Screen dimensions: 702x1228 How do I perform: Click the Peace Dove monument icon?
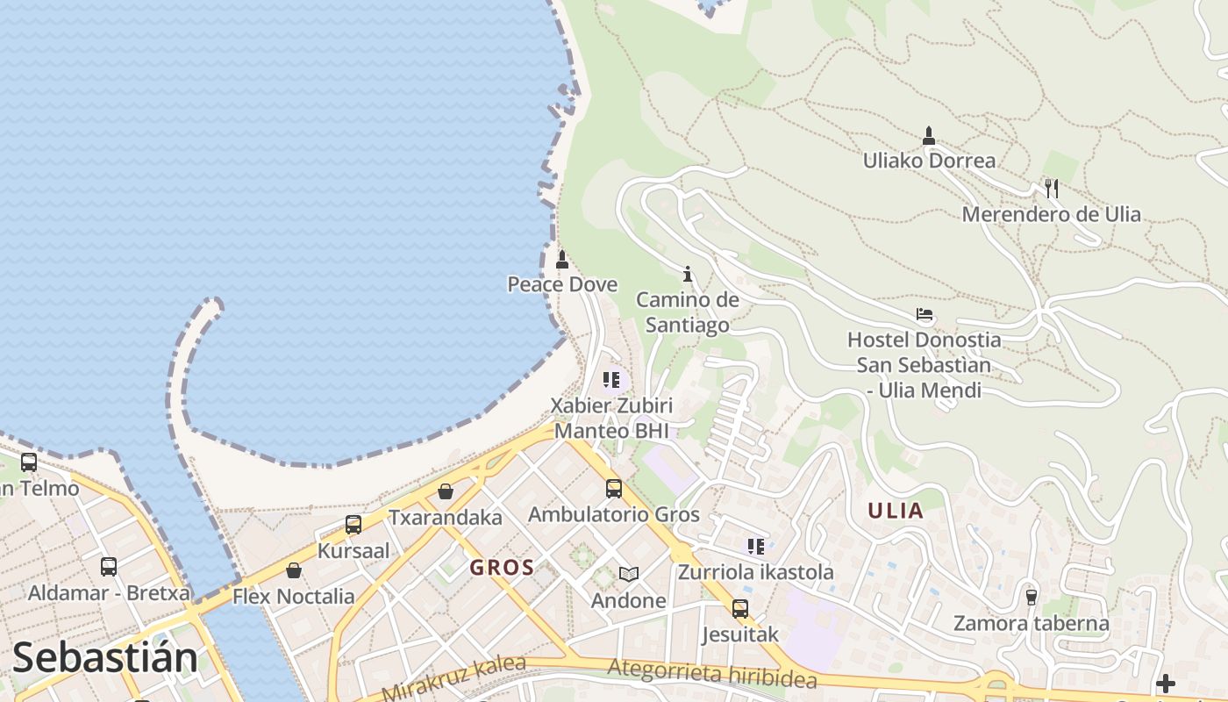click(562, 260)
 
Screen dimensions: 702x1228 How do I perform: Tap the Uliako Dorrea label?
click(929, 161)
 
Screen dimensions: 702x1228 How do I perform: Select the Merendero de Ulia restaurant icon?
click(1051, 188)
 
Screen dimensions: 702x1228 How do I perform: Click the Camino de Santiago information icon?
click(688, 274)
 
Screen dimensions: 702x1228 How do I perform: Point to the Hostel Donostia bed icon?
click(924, 314)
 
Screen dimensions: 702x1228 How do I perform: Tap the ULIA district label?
click(896, 511)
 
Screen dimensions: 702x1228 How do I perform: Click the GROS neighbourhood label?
click(502, 568)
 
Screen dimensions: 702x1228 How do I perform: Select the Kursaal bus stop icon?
click(353, 525)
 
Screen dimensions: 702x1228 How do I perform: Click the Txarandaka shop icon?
click(446, 491)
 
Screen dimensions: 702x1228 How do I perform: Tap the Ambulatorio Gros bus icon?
click(614, 489)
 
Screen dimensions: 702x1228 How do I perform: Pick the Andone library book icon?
click(628, 575)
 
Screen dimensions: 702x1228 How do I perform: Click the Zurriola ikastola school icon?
click(756, 547)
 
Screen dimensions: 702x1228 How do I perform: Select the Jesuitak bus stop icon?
click(740, 608)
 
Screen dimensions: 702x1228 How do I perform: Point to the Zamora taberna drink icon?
click(1032, 598)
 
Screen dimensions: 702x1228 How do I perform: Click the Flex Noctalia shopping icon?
click(294, 570)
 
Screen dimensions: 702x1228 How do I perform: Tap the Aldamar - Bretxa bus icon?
click(109, 567)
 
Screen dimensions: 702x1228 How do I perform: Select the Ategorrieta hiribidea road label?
click(712, 673)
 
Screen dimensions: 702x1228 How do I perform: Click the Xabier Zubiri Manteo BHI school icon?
click(611, 380)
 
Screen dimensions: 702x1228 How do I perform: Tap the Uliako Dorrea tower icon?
click(929, 135)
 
